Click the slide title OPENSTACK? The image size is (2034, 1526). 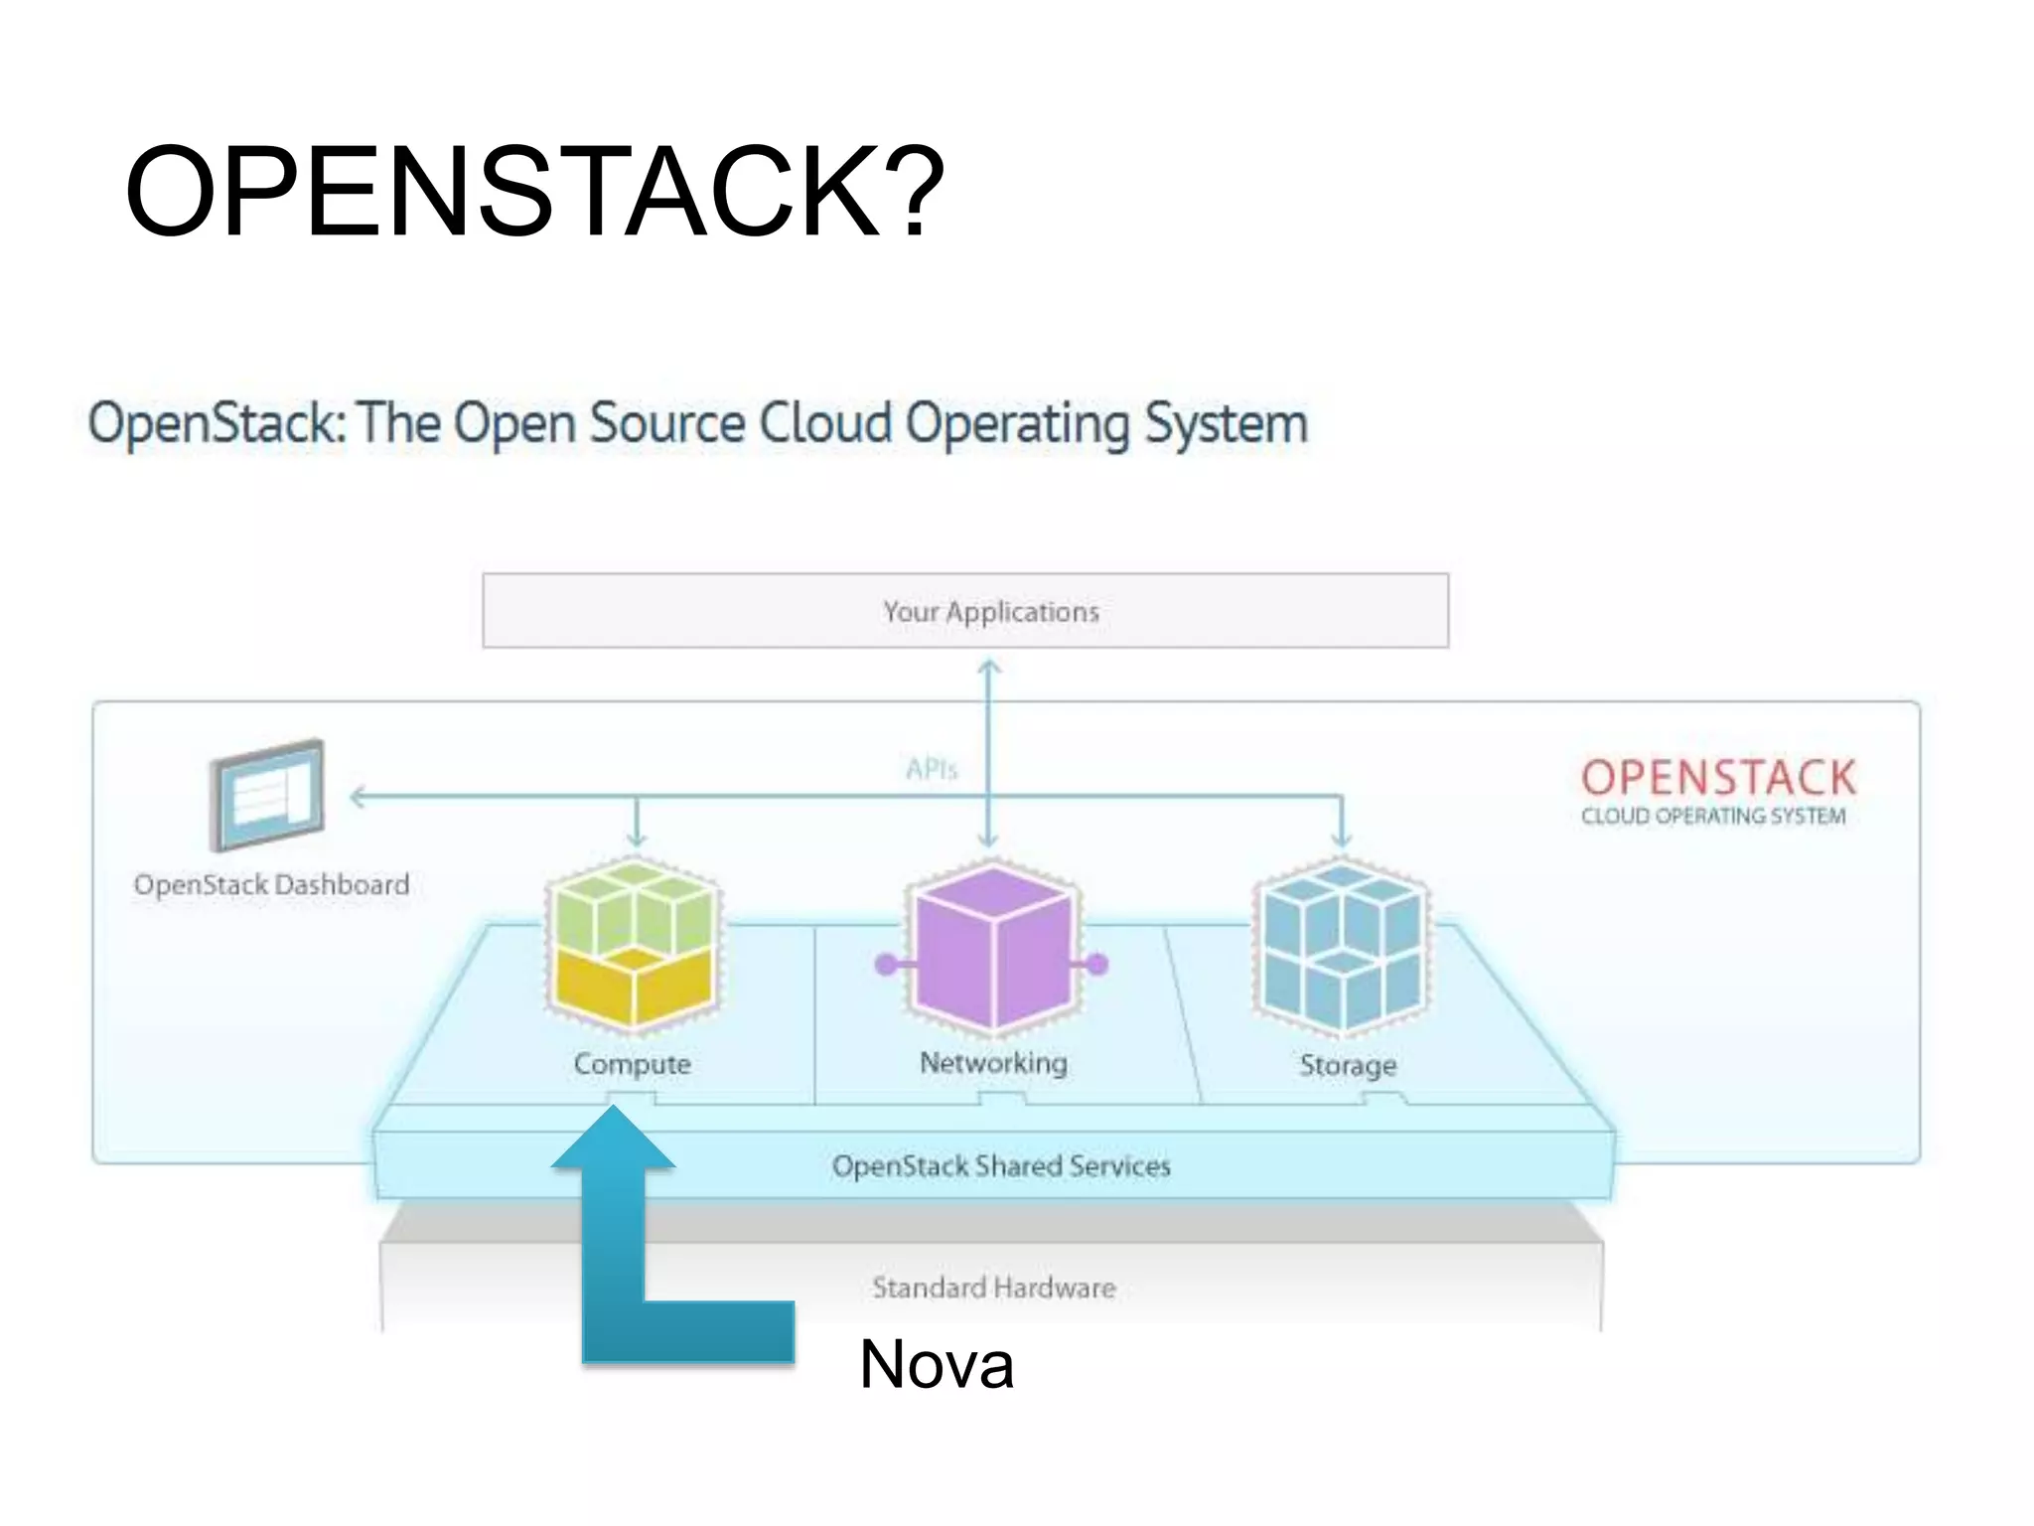tap(534, 191)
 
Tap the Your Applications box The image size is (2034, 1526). tap(965, 611)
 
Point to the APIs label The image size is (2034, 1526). tap(931, 769)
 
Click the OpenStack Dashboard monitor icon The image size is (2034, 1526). tap(267, 795)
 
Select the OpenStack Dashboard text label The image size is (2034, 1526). tap(271, 884)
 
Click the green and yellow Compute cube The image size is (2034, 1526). tap(634, 944)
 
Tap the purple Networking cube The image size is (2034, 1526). tap(992, 946)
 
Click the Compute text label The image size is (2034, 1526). tap(633, 1064)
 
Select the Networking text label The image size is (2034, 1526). tap(993, 1063)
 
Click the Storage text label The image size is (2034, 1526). tap(1348, 1065)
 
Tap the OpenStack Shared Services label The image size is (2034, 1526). tap(1001, 1165)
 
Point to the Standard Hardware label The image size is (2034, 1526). tap(994, 1288)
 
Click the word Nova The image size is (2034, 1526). tap(937, 1364)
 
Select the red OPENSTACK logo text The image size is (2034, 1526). tap(1718, 778)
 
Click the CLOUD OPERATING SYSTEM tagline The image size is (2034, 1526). tap(1713, 817)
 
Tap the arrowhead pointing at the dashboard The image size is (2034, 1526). tap(358, 796)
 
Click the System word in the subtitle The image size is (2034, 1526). tap(1226, 424)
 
